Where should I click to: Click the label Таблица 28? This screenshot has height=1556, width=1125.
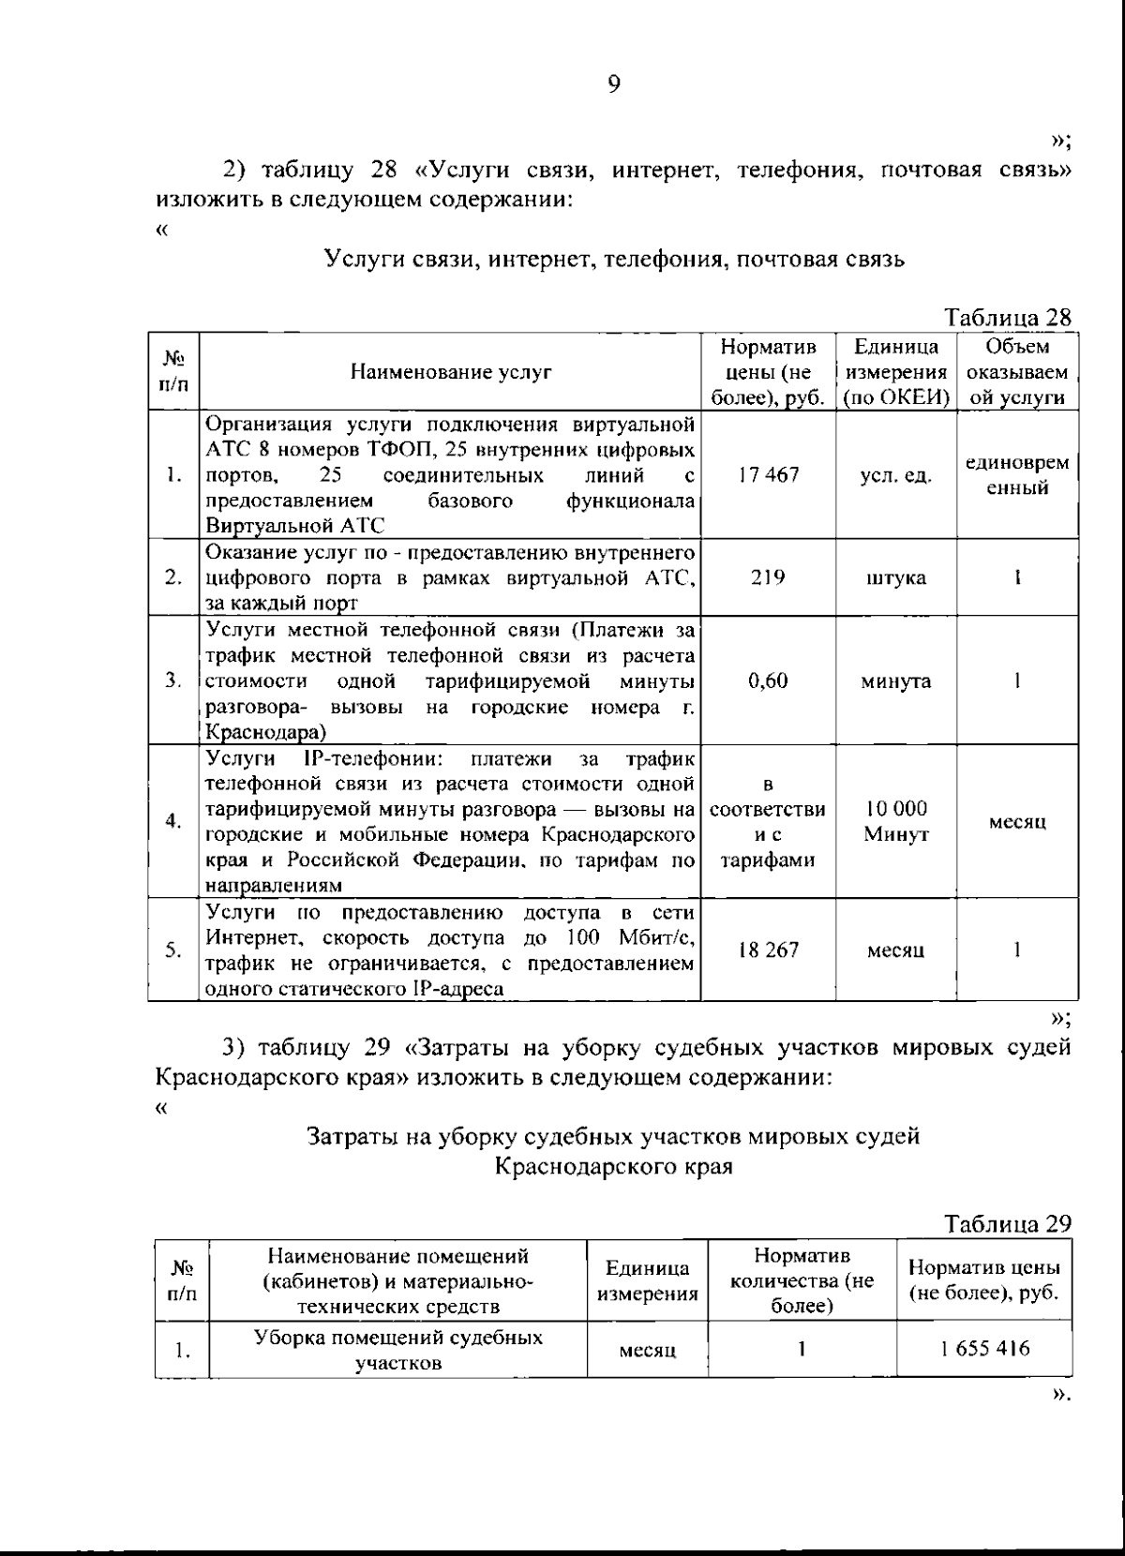(x=1008, y=317)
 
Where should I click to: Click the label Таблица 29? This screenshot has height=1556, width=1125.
(x=1008, y=1223)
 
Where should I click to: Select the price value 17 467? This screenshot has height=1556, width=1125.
(x=768, y=474)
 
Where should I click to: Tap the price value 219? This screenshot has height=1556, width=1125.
(x=768, y=576)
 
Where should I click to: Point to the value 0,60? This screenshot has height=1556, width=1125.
(x=768, y=681)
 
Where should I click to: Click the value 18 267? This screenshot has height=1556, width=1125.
(x=768, y=950)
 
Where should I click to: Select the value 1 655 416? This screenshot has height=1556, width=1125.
(x=984, y=1349)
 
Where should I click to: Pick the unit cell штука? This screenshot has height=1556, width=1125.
(x=895, y=577)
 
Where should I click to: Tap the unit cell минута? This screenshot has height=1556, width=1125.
(x=895, y=681)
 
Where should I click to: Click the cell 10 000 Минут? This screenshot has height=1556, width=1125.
(x=895, y=821)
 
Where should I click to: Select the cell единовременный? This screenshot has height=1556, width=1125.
(x=1016, y=475)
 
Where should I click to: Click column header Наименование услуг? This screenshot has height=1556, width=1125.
(x=451, y=372)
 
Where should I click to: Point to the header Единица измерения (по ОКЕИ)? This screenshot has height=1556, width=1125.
(x=896, y=372)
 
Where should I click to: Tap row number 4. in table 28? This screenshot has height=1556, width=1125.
(x=172, y=822)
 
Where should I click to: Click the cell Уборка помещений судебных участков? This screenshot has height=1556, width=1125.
(x=398, y=1350)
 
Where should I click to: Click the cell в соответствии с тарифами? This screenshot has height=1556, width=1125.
(x=768, y=821)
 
